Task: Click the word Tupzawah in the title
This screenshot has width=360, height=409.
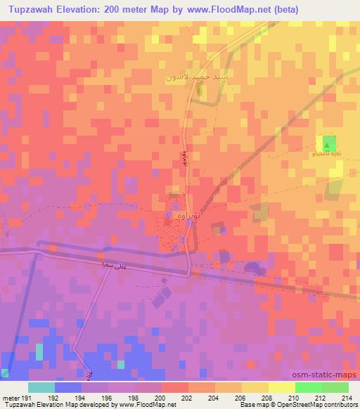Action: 39,10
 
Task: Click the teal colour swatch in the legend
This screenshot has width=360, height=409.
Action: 41,387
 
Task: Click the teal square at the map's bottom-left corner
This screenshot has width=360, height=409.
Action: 5,373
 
